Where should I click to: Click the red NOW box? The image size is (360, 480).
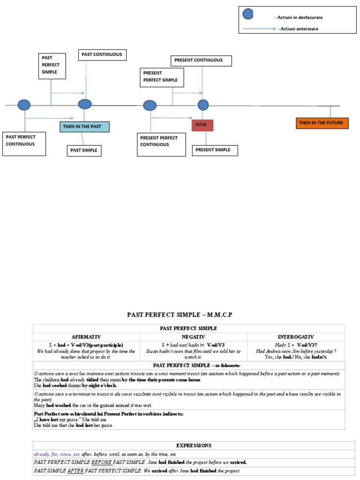[202, 125]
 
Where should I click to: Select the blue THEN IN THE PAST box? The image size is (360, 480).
[84, 127]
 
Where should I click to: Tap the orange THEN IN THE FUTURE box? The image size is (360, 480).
[322, 123]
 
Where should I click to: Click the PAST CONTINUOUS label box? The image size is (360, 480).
[102, 55]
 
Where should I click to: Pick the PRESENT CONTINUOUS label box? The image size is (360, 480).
[201, 60]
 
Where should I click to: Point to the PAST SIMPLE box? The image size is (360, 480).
[85, 150]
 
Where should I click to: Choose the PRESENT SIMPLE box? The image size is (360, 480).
[215, 150]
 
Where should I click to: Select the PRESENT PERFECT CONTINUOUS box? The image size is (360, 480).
[161, 144]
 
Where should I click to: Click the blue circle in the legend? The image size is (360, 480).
[248, 14]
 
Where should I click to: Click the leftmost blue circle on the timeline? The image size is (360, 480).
[24, 105]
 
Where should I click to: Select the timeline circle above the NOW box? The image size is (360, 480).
[203, 105]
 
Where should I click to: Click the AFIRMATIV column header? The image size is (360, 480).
[86, 337]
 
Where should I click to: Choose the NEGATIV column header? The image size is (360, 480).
[193, 337]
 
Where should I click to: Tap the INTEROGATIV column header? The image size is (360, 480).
[296, 337]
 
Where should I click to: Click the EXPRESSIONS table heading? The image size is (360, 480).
[194, 445]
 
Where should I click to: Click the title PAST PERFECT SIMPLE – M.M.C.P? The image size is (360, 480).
[180, 315]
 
